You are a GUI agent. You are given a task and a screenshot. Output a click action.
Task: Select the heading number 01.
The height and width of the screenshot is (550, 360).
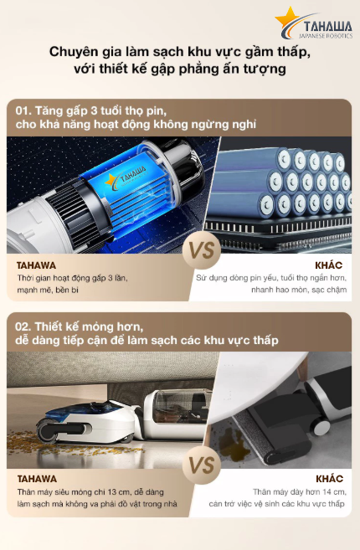tap(25, 110)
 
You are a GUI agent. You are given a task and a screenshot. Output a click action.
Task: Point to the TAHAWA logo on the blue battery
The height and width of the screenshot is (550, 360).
tap(126, 179)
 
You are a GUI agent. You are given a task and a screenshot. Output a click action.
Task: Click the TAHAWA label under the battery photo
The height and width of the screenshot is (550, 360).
tap(38, 266)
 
